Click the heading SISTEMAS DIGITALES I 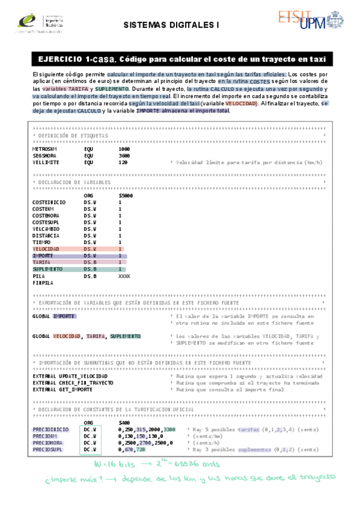(175, 25)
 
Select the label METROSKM (44, 149)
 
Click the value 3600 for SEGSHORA (124, 155)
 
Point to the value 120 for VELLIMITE (123, 162)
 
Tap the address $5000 (126, 195)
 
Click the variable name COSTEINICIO (49, 202)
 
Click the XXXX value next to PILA (124, 276)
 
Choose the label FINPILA (43, 283)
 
